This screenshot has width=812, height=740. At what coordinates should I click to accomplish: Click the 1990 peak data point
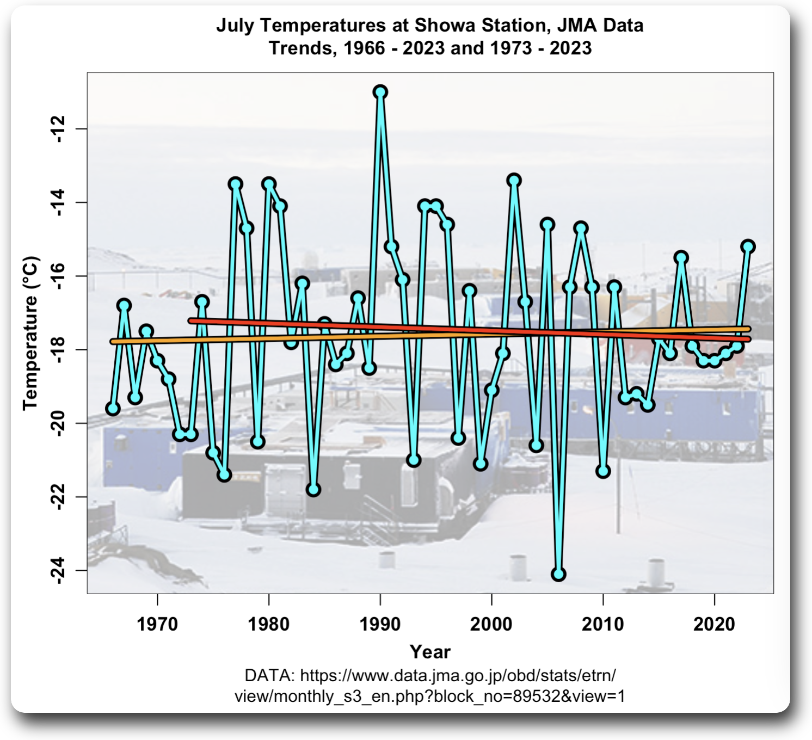(x=380, y=91)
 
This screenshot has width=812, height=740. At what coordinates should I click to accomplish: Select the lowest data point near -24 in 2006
(x=558, y=574)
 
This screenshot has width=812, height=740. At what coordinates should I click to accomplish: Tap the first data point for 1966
(x=113, y=409)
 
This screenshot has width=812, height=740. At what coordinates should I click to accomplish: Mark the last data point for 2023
(x=748, y=246)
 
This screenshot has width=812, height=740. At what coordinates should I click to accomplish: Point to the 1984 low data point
(x=313, y=490)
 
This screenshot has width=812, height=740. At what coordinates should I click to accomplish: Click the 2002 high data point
(x=514, y=180)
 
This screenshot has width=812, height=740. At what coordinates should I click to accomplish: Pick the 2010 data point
(x=603, y=471)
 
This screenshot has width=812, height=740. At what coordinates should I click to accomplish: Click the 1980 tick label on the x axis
(x=269, y=624)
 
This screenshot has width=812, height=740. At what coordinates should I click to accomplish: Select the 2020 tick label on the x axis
(x=714, y=624)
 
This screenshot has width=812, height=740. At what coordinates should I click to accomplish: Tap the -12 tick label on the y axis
(x=58, y=129)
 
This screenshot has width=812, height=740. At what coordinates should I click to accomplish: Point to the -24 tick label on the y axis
(x=58, y=571)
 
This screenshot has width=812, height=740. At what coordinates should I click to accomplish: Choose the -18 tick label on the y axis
(x=58, y=350)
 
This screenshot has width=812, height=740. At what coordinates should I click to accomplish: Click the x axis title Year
(x=430, y=651)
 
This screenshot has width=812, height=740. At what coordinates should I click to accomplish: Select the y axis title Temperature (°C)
(x=30, y=332)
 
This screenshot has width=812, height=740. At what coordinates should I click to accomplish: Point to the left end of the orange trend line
(x=113, y=342)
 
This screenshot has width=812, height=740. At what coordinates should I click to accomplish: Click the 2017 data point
(x=681, y=257)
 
